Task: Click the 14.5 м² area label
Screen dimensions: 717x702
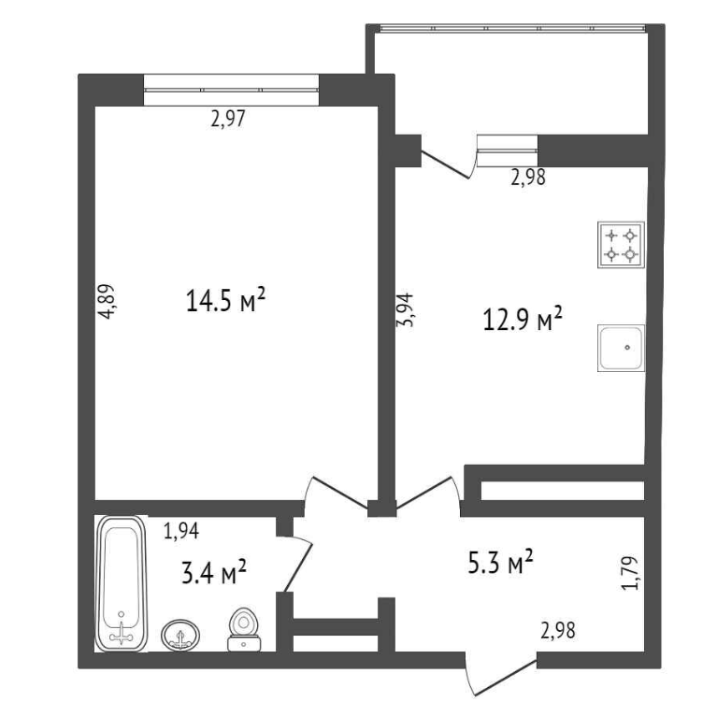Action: coord(225,300)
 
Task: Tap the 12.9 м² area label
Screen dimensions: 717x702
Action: coord(523,319)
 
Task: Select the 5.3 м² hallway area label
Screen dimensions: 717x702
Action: coord(500,562)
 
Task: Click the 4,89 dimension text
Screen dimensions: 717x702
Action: coord(107,301)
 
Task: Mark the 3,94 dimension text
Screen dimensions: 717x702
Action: coord(405,309)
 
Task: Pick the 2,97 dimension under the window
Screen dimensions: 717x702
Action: coord(228,119)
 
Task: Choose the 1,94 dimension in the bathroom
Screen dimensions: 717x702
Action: coord(181,531)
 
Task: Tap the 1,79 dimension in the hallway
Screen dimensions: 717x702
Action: coord(630,573)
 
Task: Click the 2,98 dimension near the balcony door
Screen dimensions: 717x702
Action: coord(528,177)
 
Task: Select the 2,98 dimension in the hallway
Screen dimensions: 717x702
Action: coord(558,630)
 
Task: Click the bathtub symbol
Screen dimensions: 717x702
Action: coord(122,583)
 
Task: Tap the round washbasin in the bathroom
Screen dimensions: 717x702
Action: coord(180,635)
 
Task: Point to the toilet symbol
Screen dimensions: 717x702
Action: coord(244,629)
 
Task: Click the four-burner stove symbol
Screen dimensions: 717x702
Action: coord(621,245)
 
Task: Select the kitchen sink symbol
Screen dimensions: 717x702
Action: coord(621,348)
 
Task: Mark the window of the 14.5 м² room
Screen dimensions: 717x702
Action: coord(232,90)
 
